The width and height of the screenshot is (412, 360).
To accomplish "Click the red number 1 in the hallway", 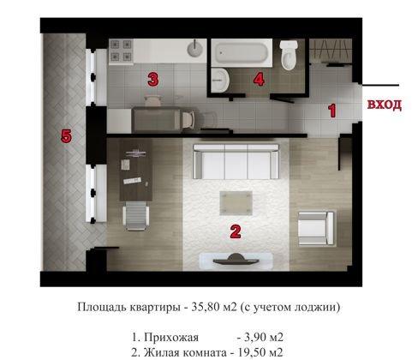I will tap(333, 109).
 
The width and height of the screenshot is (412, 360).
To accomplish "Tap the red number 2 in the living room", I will tap(234, 230).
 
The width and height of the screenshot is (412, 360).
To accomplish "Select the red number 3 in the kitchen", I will tap(152, 80).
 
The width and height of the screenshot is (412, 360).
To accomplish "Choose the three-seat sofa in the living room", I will tap(234, 160).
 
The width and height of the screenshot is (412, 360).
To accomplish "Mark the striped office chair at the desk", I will tap(134, 213).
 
